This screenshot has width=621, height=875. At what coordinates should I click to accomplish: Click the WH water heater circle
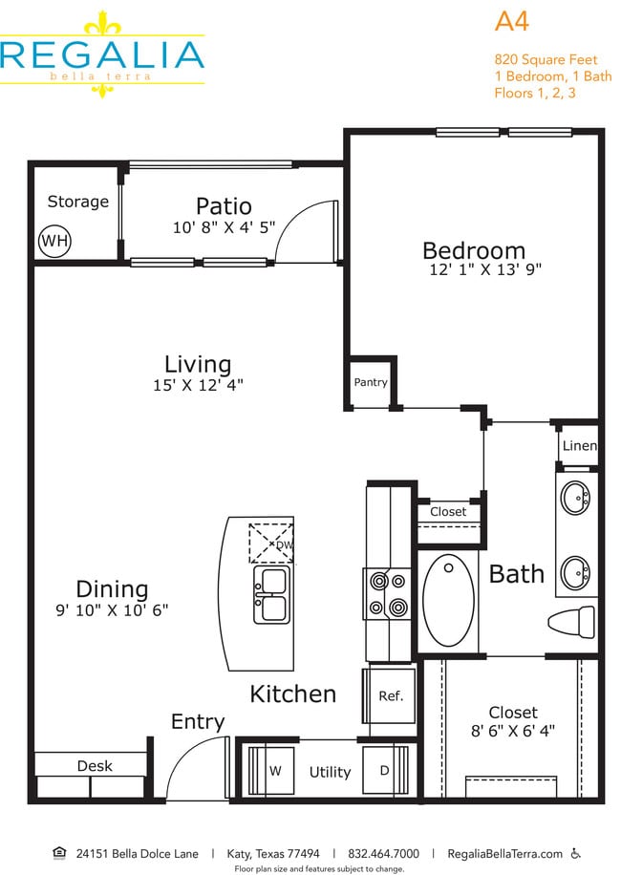(x=54, y=241)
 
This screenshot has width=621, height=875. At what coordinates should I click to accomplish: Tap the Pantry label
(x=371, y=382)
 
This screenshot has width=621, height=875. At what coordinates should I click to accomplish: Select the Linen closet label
(x=579, y=446)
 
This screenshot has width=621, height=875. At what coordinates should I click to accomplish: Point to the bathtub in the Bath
(x=448, y=601)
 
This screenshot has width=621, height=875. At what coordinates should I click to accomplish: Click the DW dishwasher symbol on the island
(x=271, y=544)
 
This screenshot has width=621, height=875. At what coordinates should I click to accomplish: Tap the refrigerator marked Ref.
(x=389, y=696)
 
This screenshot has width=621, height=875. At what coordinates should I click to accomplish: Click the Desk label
(x=95, y=765)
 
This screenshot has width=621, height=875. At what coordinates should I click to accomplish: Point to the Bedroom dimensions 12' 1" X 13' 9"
(x=485, y=270)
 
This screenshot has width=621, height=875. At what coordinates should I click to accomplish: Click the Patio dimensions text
(x=224, y=227)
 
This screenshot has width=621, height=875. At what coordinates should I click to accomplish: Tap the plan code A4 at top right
(x=513, y=21)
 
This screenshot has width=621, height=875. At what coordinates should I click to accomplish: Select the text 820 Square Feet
(x=546, y=59)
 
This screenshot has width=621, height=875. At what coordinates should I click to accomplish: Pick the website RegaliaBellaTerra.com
(x=504, y=853)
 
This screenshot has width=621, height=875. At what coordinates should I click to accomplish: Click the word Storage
(x=78, y=202)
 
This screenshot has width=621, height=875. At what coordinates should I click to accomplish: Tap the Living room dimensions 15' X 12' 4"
(x=198, y=385)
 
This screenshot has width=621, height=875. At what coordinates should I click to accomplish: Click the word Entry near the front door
(x=198, y=722)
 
